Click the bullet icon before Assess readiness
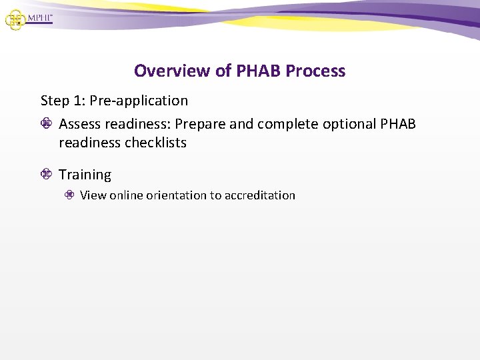46,125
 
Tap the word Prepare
201,125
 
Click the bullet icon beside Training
46,175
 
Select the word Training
85,175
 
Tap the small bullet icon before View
69,195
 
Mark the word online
126,195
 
